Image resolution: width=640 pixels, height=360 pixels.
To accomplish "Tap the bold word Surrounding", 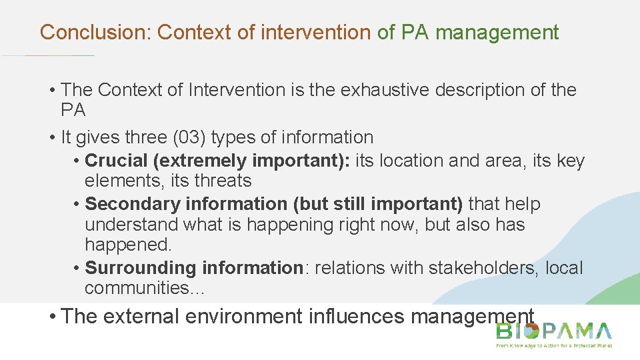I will [x=138, y=268].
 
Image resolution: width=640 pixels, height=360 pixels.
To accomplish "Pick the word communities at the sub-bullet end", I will [x=142, y=288].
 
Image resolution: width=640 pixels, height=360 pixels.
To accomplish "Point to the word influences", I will [x=357, y=316].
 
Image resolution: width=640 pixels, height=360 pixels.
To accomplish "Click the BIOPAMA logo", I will [x=553, y=331].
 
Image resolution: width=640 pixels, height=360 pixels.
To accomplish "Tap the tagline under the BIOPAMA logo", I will [x=553, y=345].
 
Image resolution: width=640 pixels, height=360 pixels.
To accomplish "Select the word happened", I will [x=122, y=244].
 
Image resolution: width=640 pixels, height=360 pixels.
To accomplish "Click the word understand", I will [x=131, y=224].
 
